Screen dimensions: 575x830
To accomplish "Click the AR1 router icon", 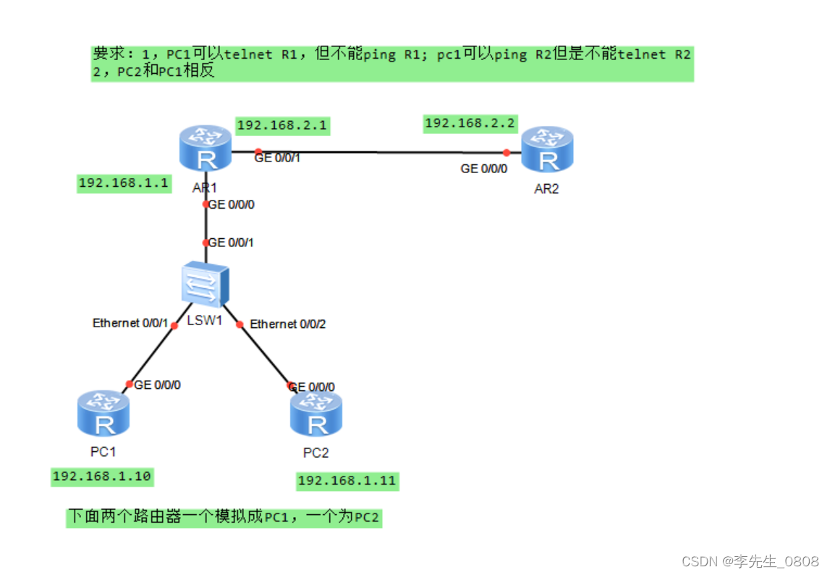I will coord(205,150).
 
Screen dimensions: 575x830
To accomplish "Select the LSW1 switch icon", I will coord(205,284).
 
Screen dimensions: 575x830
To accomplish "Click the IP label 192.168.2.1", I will coord(282,125).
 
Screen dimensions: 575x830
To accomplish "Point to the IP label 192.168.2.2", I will coord(470,123).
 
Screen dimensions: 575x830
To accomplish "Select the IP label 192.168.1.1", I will coord(123,182).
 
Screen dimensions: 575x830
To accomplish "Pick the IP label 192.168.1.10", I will coord(102,476).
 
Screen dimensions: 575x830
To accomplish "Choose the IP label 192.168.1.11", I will coord(347,480).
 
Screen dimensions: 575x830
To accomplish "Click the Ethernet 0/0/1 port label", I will coord(130,323).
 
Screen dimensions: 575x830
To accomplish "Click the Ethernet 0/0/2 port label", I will coord(288,324).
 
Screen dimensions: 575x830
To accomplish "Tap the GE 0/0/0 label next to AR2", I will coord(484,169).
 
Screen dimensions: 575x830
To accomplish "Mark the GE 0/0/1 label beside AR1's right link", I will coord(277,158).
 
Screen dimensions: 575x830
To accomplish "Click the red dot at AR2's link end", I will coord(507,152).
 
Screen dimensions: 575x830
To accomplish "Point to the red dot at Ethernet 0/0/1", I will coord(174,326).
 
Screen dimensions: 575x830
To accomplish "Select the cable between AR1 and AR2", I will coord(376,152).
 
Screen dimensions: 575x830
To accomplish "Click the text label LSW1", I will coord(205,321).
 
